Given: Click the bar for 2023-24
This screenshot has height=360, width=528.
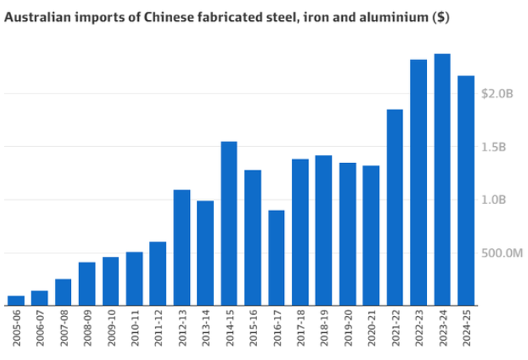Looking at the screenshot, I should click(x=442, y=179).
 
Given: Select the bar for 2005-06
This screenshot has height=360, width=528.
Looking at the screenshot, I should click(x=16, y=301).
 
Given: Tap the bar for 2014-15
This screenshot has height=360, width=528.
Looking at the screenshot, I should click(x=229, y=223).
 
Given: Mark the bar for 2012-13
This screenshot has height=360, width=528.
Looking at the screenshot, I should click(x=181, y=247).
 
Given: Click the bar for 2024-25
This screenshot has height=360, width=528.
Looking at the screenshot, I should click(x=465, y=190).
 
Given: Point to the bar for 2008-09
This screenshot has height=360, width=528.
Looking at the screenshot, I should click(x=87, y=284).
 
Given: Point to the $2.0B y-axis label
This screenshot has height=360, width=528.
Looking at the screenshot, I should click(x=496, y=93).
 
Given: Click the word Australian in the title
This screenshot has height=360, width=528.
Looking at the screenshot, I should click(x=34, y=16).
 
